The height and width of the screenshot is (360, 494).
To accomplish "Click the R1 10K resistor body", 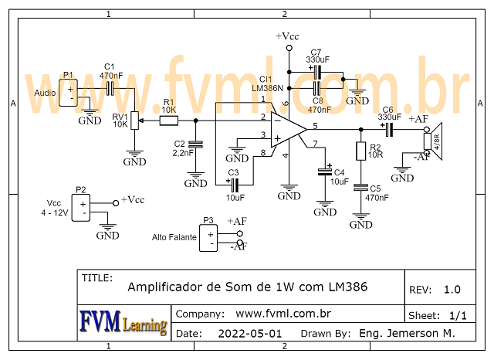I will pyautogui.click(x=169, y=121).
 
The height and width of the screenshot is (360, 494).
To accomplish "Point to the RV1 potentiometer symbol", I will pyautogui.click(x=135, y=121).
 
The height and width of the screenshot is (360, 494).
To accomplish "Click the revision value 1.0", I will pyautogui.click(x=452, y=290).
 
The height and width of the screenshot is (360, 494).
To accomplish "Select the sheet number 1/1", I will pyautogui.click(x=457, y=316).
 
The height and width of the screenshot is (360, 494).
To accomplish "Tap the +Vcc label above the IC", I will pyautogui.click(x=287, y=36).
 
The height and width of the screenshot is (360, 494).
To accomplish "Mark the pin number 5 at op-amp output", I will pyautogui.click(x=315, y=126).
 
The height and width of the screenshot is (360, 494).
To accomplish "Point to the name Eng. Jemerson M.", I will pyautogui.click(x=407, y=333).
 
